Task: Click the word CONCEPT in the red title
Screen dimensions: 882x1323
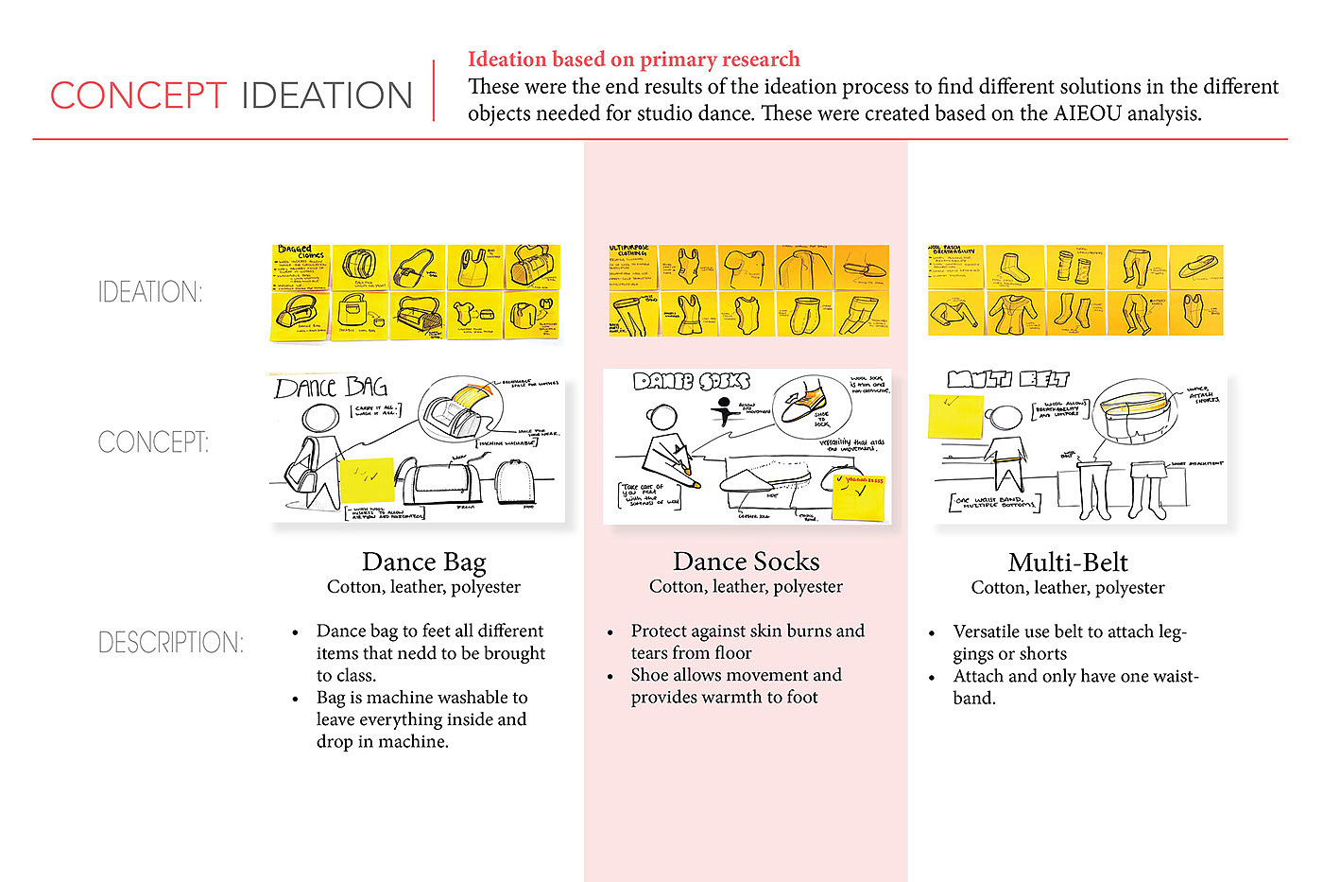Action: tap(138, 95)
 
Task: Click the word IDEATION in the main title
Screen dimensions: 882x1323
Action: tap(327, 95)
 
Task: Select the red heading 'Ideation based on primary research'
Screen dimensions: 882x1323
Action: tap(633, 60)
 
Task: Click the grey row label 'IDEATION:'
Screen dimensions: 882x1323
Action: tap(150, 292)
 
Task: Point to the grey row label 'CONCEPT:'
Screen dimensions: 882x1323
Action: tap(153, 442)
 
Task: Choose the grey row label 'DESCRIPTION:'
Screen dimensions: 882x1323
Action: tap(171, 643)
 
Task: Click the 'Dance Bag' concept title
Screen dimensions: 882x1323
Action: tap(423, 562)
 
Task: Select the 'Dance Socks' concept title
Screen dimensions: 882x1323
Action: tap(746, 562)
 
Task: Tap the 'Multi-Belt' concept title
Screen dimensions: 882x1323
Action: tap(1068, 562)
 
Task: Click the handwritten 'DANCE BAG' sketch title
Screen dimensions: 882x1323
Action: tap(331, 388)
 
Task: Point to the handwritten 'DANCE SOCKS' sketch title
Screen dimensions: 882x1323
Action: tap(692, 381)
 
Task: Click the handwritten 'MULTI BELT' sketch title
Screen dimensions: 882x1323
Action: tap(1008, 380)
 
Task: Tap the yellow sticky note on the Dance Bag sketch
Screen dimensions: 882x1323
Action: tap(366, 479)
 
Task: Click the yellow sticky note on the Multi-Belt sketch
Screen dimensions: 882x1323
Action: tap(955, 415)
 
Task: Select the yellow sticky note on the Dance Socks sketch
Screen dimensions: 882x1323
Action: tap(858, 497)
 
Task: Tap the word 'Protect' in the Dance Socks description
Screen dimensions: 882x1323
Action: tap(661, 631)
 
